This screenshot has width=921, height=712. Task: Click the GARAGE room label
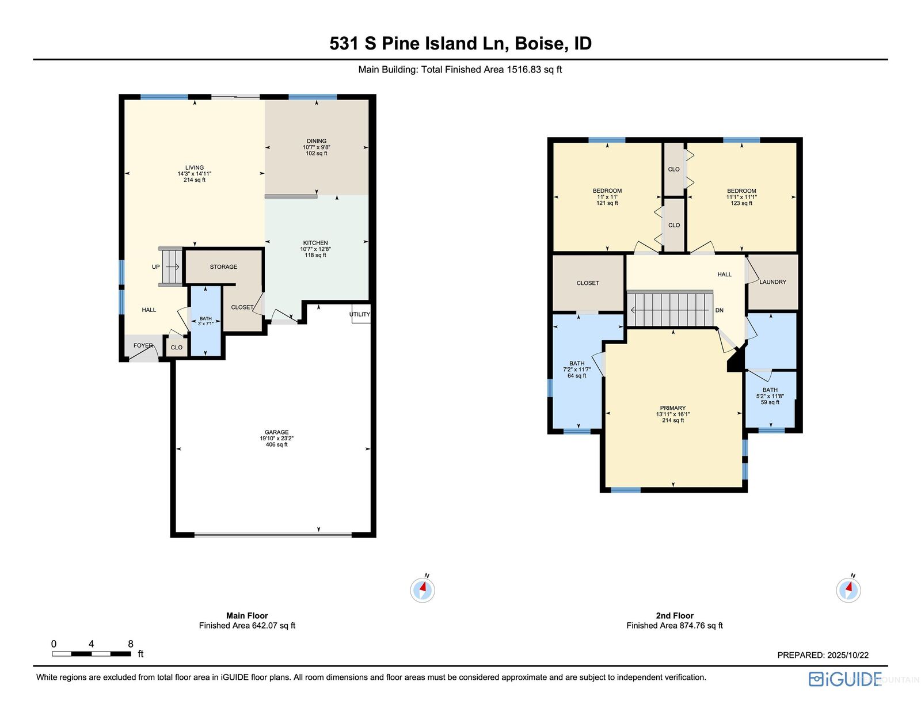pyautogui.click(x=276, y=432)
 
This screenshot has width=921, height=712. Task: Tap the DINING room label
pyautogui.click(x=316, y=141)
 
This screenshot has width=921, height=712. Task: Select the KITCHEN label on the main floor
pyautogui.click(x=315, y=243)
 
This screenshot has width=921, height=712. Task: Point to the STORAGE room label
pyautogui.click(x=223, y=266)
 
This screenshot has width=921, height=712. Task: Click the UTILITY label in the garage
pyautogui.click(x=359, y=314)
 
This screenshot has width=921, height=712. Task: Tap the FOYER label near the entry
pyautogui.click(x=143, y=345)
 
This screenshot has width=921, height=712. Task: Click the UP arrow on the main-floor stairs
pyautogui.click(x=172, y=266)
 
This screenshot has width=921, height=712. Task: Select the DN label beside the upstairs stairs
pyautogui.click(x=720, y=310)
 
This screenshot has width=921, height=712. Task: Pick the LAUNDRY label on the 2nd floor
pyautogui.click(x=772, y=282)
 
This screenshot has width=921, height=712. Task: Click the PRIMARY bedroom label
pyautogui.click(x=673, y=408)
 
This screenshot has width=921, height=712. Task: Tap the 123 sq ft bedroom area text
pyautogui.click(x=741, y=203)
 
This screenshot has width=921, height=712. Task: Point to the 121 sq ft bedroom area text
pyautogui.click(x=607, y=203)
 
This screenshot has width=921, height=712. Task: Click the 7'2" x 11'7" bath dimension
pyautogui.click(x=576, y=370)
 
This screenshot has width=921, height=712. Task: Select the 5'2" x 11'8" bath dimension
pyautogui.click(x=770, y=396)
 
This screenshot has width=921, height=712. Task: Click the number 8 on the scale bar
pyautogui.click(x=131, y=644)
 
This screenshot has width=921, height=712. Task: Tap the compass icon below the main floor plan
pyautogui.click(x=422, y=589)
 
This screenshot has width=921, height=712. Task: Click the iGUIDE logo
pyautogui.click(x=844, y=679)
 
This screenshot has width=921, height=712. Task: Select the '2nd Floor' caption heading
pyautogui.click(x=674, y=615)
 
